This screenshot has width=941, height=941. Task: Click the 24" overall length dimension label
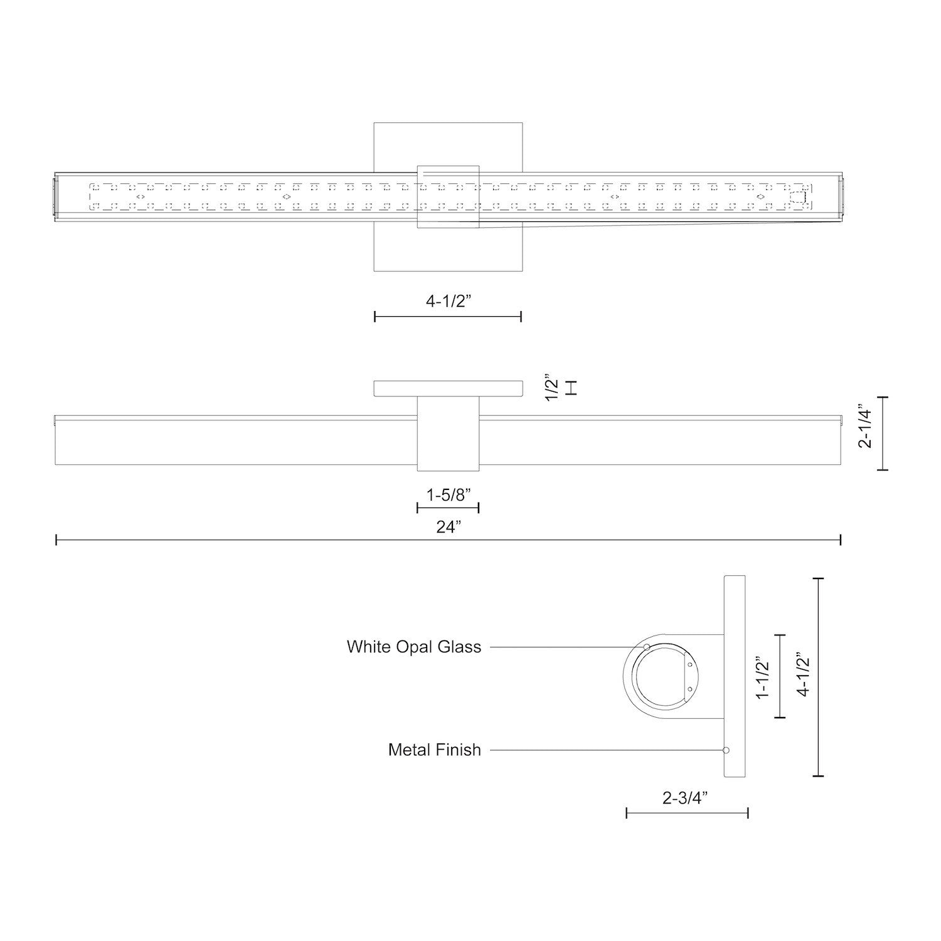449,527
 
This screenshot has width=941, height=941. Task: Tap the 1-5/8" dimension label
449,495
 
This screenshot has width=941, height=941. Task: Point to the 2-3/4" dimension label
685,798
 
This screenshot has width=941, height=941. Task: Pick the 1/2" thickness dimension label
553,388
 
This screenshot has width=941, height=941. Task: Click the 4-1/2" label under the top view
449,301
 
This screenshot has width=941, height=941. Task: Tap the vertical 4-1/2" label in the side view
804,674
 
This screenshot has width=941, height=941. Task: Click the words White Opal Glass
414,647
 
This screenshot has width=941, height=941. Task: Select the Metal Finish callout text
434,750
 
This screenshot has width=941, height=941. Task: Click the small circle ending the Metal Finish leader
726,750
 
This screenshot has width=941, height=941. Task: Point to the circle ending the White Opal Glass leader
647,647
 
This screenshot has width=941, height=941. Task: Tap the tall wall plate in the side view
735,676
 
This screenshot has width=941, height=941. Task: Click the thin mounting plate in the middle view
449,388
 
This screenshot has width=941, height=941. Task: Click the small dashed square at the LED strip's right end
797,198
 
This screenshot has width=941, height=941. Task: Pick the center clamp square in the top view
449,196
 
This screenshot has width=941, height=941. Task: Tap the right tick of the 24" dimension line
840,540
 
